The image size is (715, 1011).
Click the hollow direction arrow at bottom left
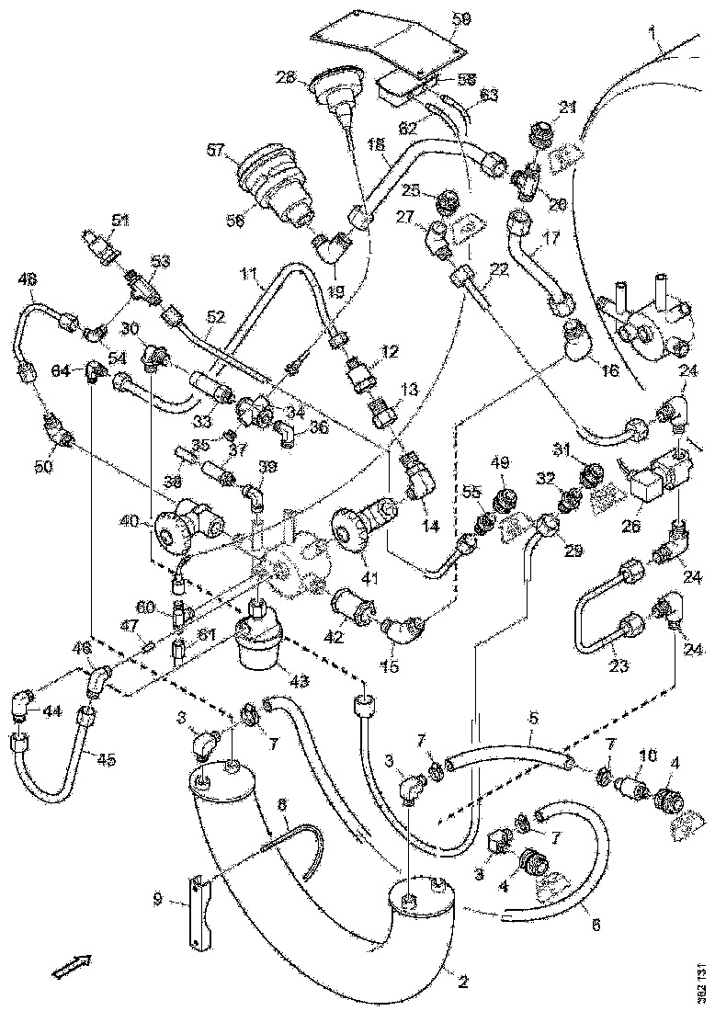point(69,965)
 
